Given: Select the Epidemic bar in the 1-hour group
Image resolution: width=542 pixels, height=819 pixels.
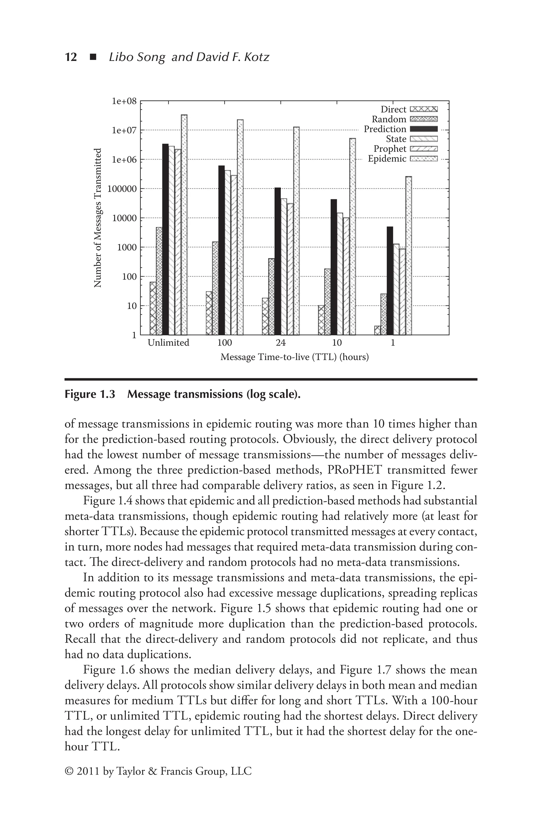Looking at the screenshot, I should click(409, 256).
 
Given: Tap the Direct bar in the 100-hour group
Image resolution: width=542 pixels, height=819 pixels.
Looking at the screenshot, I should click(209, 313).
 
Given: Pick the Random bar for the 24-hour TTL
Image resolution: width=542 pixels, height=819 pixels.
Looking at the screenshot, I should click(271, 296).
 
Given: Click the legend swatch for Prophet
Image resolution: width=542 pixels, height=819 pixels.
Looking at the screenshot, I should click(423, 149).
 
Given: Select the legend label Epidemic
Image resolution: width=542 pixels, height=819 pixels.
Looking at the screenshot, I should click(387, 159).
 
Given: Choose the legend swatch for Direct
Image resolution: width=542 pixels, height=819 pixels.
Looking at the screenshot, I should click(423, 109).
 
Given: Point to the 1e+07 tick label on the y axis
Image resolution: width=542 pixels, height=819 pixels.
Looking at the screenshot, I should click(124, 130).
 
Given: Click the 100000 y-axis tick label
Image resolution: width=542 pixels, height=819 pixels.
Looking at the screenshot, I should click(122, 189).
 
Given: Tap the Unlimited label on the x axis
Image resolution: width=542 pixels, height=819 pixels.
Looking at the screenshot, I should click(168, 343).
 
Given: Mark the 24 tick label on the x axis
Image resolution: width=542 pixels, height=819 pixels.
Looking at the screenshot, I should click(281, 343).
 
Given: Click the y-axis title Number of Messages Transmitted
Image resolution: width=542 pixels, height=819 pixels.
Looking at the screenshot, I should click(98, 218).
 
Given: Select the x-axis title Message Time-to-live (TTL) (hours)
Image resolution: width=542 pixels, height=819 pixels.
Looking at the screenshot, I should click(295, 357).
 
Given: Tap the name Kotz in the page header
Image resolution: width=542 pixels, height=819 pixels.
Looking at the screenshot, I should click(256, 57).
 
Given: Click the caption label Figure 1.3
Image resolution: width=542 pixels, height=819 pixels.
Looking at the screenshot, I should click(89, 394).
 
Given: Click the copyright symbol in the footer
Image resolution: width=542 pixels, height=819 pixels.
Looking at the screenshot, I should click(69, 771).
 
